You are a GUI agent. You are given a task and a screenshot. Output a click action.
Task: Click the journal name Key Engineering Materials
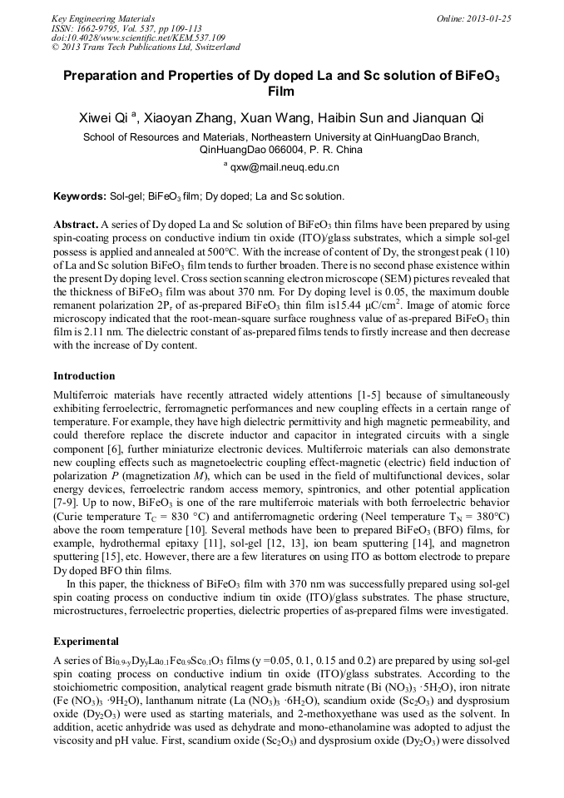(x=103, y=17)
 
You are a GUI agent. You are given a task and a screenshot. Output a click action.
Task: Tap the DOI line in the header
(x=138, y=37)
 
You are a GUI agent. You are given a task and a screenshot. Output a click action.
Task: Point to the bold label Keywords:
(x=79, y=196)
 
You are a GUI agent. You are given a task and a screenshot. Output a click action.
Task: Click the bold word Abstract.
(x=76, y=225)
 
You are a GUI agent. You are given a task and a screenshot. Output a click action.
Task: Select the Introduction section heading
(x=84, y=376)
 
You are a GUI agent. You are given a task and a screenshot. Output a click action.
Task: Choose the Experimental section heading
(x=86, y=642)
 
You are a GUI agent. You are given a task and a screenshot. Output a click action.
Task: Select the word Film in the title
(x=281, y=91)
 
